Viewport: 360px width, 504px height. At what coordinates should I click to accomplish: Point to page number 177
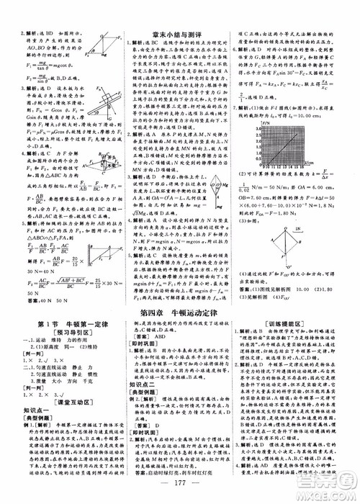[x=180, y=494]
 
